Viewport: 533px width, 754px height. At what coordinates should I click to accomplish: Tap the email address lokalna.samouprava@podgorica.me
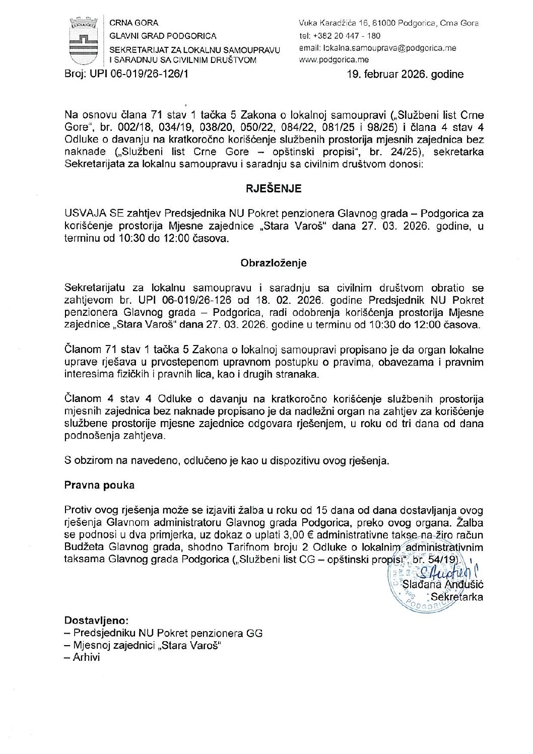click(377, 48)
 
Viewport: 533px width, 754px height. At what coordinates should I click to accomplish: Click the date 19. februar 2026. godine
click(405, 75)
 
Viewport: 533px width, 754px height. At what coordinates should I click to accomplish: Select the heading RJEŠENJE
click(274, 189)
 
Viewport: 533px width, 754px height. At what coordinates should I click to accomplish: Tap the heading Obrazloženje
click(274, 263)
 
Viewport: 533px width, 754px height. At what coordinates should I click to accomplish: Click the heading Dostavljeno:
click(96, 621)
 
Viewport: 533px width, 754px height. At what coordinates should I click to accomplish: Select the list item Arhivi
click(86, 657)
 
